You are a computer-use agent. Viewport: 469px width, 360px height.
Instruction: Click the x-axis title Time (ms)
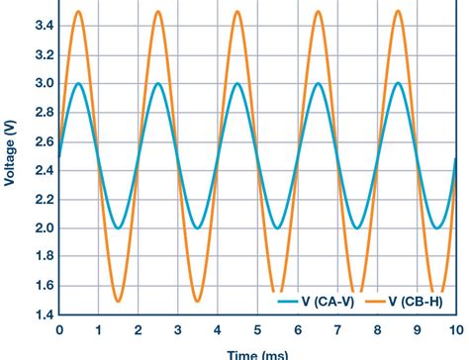257,353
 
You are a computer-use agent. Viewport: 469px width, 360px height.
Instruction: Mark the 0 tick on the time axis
59,330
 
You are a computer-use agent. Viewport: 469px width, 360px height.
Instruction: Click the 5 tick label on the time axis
258,330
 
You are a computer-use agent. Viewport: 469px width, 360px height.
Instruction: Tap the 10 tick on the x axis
455,330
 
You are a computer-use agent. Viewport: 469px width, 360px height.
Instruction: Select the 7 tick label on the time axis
337,330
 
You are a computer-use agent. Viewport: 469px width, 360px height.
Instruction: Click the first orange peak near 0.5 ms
79,12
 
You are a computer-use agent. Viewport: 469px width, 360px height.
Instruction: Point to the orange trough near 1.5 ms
119,301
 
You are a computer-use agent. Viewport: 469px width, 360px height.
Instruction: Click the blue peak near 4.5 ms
238,83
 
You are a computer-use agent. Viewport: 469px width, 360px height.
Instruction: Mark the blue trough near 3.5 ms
198,228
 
